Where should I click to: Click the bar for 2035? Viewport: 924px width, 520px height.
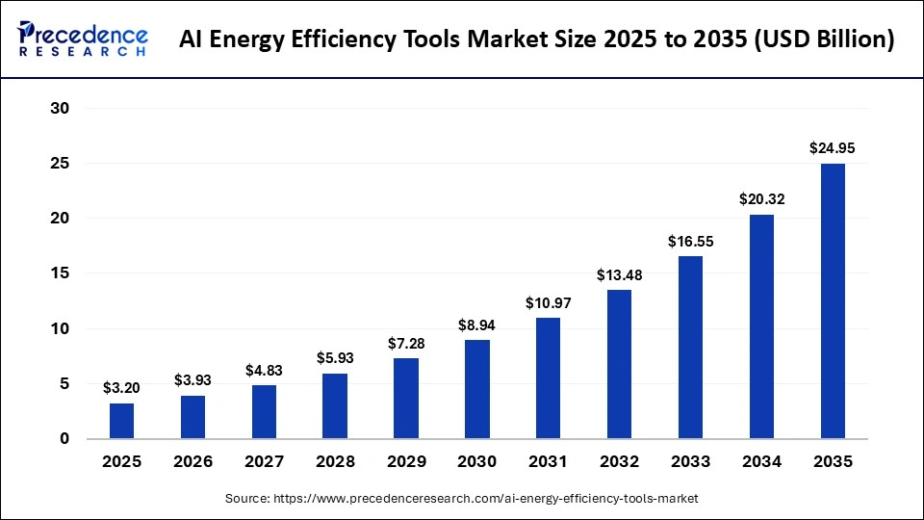[833, 301]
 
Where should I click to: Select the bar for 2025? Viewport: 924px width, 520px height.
[122, 421]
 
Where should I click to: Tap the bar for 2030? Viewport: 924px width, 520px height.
[477, 389]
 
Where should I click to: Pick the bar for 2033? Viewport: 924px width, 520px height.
[690, 348]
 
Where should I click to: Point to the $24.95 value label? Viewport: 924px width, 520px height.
[833, 148]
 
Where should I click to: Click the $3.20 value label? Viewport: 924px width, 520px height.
[122, 388]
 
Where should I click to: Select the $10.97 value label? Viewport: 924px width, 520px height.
[549, 302]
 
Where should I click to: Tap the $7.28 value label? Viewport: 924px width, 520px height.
[406, 343]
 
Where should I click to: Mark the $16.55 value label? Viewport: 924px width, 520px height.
[690, 241]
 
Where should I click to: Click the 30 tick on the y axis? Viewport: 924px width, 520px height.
[60, 109]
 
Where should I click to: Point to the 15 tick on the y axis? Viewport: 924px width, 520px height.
[60, 273]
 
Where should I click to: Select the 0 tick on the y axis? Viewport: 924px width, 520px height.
[64, 439]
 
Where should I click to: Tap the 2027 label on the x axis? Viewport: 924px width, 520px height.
[264, 462]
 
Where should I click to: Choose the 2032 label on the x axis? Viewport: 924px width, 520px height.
[619, 462]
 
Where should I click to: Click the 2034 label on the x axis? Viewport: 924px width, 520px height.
[761, 462]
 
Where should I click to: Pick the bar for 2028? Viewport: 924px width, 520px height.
[335, 406]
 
